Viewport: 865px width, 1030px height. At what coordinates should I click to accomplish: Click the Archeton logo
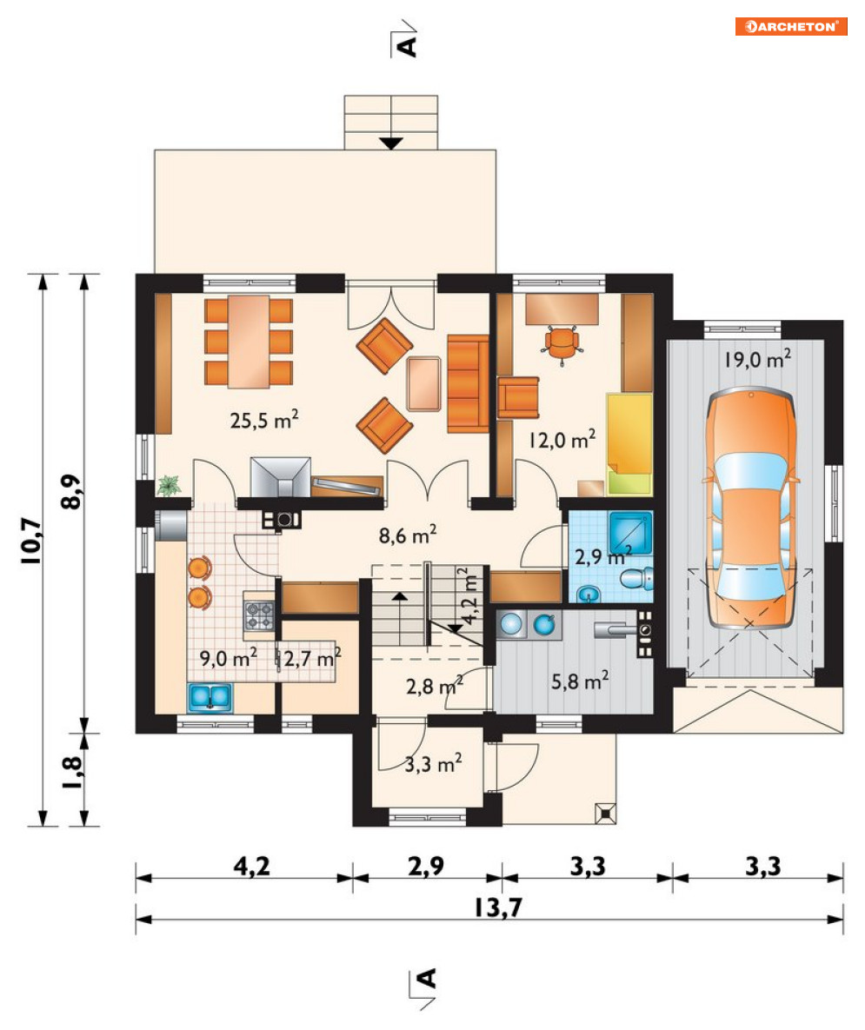[791, 26]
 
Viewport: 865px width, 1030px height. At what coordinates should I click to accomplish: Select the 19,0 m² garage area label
[757, 359]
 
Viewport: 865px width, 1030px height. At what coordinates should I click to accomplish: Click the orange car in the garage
[751, 508]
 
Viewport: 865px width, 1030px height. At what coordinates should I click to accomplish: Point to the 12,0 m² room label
[562, 439]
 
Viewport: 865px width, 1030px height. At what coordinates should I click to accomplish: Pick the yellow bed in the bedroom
[629, 444]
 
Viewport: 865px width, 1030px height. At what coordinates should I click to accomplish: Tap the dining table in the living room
[249, 342]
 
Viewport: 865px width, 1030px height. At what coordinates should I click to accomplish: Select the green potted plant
[169, 485]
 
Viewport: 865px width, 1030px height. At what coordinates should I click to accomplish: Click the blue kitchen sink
[210, 698]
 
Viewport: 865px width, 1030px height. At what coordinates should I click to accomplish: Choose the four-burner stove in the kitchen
[259, 615]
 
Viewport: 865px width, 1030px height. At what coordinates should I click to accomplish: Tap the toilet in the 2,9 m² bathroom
[635, 579]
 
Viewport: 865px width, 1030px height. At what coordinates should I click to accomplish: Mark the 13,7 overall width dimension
[497, 907]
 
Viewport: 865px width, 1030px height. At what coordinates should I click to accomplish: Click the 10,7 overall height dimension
[31, 540]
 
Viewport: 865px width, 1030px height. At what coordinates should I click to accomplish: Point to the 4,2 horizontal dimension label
[251, 866]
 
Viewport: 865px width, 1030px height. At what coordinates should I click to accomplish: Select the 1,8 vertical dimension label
[72, 774]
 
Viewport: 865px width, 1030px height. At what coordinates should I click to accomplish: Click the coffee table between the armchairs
[423, 383]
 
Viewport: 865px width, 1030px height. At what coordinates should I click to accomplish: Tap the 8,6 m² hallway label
[408, 535]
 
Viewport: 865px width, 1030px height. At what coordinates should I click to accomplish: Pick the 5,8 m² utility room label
[580, 681]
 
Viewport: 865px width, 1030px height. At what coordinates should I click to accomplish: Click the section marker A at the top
[407, 45]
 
